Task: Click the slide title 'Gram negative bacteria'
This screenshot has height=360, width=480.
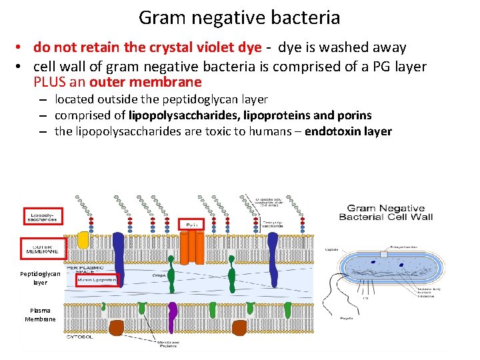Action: [239, 17]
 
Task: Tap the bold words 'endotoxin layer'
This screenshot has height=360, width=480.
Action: [348, 131]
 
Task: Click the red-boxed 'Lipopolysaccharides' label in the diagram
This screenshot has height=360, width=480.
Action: [43, 216]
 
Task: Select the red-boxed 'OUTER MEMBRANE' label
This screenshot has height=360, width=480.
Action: [43, 249]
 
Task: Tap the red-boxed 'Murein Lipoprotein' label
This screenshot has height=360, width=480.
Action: [97, 281]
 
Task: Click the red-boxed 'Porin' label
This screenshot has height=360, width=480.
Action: [192, 225]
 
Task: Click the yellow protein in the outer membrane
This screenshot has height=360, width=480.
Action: [84, 241]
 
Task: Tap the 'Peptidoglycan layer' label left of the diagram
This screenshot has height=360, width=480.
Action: [40, 278]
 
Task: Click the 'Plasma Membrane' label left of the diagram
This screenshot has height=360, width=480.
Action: [40, 315]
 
